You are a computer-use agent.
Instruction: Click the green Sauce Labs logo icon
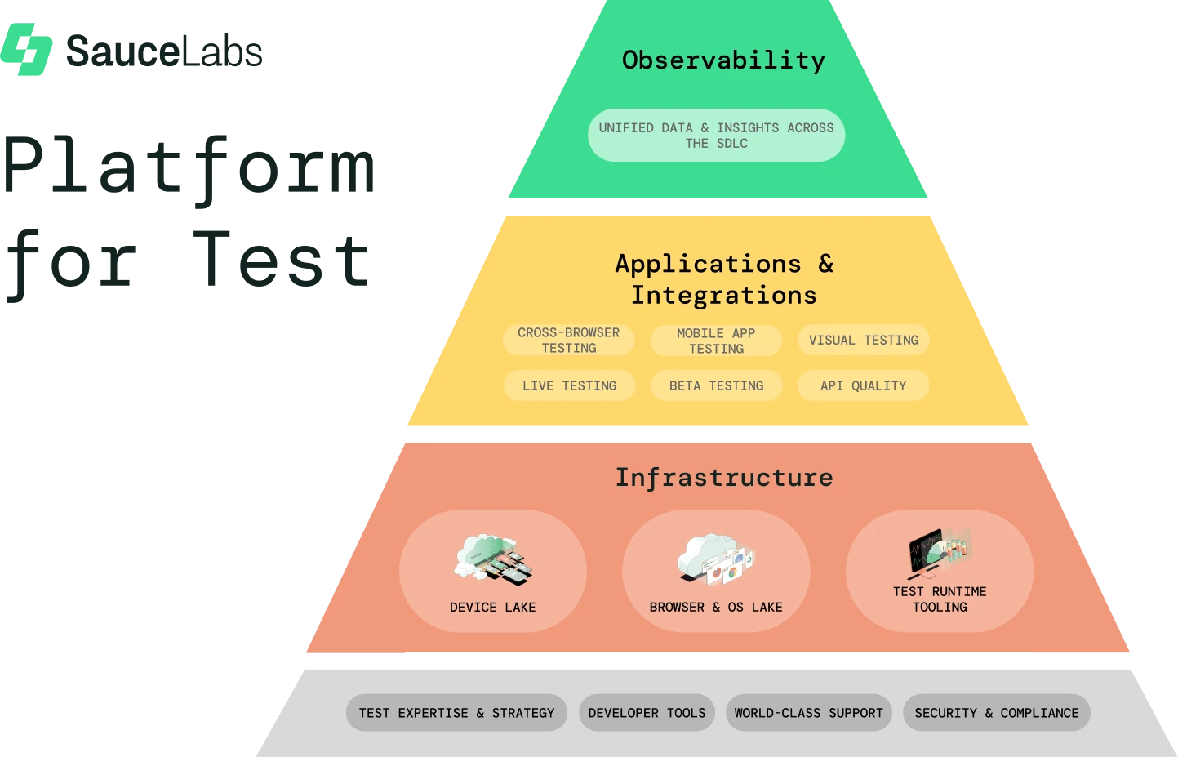coord(26,49)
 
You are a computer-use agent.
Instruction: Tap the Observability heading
coord(723,60)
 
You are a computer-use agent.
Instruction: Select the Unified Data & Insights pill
coord(716,136)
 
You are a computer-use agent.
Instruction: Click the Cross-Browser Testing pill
coord(568,340)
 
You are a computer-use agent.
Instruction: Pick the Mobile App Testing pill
coord(716,341)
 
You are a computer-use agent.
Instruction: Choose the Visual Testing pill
coord(864,340)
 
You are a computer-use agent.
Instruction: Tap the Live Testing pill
coord(570,385)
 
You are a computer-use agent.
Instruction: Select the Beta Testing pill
coord(716,385)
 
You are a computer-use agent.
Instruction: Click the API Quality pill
coord(864,385)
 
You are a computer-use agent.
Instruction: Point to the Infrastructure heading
coord(724,478)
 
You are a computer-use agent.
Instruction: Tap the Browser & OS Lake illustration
coord(716,559)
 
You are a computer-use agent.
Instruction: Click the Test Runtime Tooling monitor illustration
coord(940,551)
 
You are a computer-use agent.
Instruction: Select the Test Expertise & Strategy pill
coord(456,713)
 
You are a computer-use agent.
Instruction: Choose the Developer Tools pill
coord(647,713)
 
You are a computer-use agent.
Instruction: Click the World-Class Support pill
coord(809,713)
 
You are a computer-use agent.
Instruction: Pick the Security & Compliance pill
coord(997,713)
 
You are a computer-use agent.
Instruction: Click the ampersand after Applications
coord(826,263)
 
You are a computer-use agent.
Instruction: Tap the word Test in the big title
coord(282,260)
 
